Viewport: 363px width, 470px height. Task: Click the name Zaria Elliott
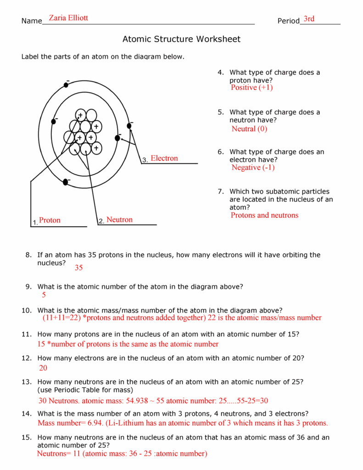(68, 18)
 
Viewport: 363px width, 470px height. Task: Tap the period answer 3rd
(309, 19)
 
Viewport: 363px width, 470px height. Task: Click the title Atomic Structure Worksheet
(181, 39)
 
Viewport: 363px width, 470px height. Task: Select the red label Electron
(164, 158)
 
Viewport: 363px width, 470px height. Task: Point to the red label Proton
(50, 220)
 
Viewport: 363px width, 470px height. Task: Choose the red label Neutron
(119, 220)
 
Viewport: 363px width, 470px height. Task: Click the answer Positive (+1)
(251, 88)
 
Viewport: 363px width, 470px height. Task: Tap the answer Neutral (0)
(249, 129)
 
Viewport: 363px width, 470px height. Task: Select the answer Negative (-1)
(253, 168)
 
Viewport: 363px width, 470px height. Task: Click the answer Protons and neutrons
(264, 215)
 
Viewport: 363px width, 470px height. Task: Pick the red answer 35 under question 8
(78, 268)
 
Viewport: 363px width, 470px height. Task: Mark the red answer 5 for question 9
(44, 295)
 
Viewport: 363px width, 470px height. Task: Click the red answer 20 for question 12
(43, 368)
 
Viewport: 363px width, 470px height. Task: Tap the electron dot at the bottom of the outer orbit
(66, 182)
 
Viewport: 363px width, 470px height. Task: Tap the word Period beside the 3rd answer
(288, 21)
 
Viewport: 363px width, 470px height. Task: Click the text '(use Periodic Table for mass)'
(85, 390)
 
